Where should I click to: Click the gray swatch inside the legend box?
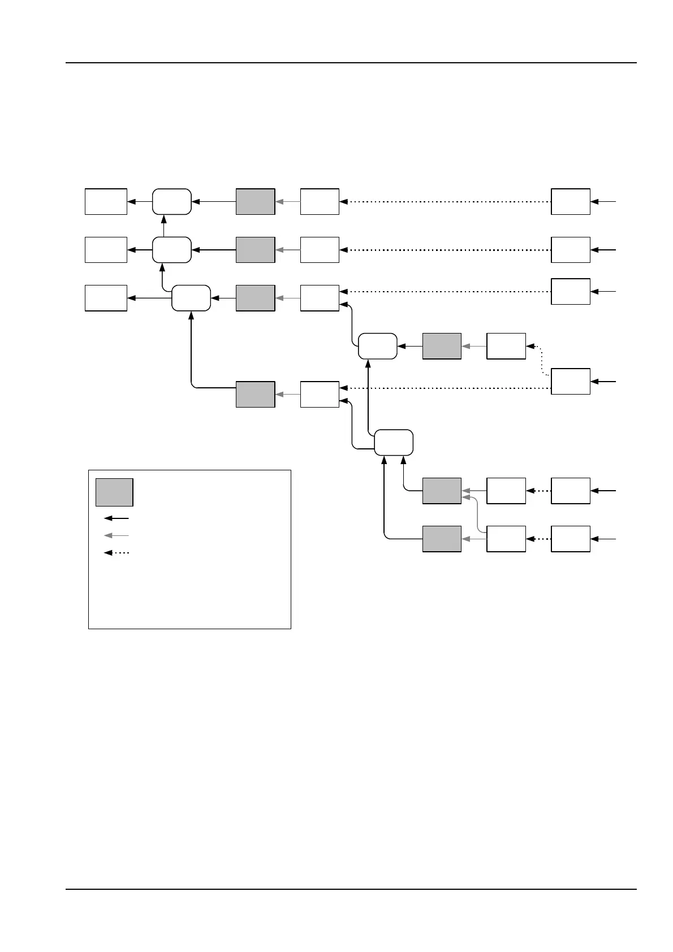(x=114, y=492)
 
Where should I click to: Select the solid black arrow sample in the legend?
(x=117, y=518)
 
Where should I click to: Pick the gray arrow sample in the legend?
(x=117, y=535)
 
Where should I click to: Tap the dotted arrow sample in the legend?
(x=117, y=553)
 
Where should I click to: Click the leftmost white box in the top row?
(x=106, y=202)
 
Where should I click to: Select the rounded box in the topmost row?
(x=172, y=202)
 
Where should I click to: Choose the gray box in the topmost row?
(x=255, y=202)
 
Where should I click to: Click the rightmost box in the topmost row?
(x=571, y=202)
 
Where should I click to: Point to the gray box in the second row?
(x=255, y=250)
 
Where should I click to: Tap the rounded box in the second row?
(x=172, y=250)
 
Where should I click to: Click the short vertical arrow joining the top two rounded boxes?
(x=163, y=226)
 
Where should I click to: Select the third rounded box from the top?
(x=191, y=298)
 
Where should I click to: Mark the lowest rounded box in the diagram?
(x=394, y=442)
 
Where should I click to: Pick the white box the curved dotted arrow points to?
(x=506, y=346)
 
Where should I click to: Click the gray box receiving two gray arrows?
(x=442, y=491)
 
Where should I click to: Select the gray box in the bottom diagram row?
(x=442, y=539)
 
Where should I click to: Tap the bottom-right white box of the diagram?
(x=571, y=539)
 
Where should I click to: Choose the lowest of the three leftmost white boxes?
(x=106, y=298)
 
